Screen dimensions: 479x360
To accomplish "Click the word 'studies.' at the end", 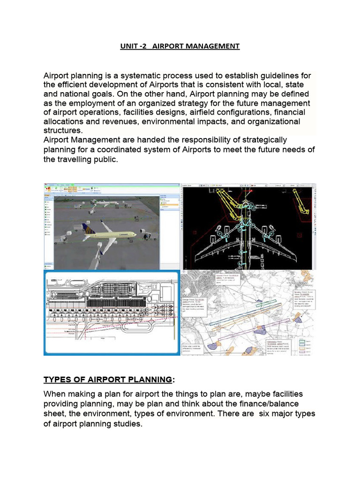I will click(126, 423).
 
